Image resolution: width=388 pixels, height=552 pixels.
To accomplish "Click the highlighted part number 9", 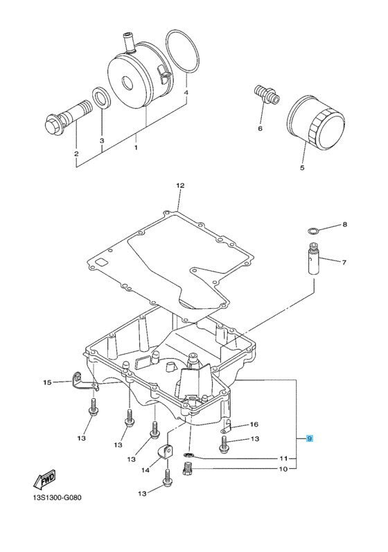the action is click(310, 438).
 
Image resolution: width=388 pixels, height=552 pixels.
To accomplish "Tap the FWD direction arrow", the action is click(44, 479).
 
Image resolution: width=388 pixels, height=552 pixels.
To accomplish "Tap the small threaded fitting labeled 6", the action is click(267, 94).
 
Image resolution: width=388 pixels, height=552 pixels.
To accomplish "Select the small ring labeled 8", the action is click(312, 231).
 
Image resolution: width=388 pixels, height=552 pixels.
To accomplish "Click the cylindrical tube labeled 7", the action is click(313, 261).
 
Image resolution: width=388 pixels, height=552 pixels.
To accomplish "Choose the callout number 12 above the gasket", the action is click(180, 186).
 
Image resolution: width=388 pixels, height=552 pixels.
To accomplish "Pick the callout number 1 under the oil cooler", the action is click(136, 147).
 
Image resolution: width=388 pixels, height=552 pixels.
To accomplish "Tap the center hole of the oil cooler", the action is click(127, 83).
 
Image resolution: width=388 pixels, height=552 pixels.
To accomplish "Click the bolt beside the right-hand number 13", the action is click(224, 443).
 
